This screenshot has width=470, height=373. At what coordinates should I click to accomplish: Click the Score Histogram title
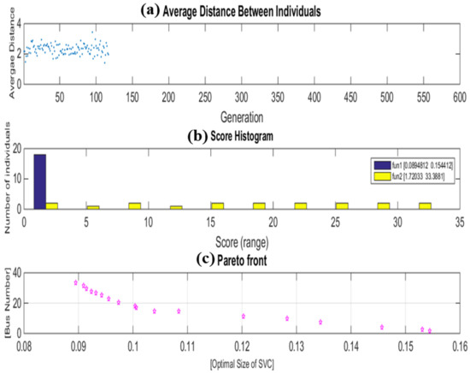coord(247,134)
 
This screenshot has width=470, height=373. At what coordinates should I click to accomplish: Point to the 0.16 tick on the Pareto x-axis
coord(459,348)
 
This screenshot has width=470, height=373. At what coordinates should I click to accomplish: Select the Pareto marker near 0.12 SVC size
coord(243,317)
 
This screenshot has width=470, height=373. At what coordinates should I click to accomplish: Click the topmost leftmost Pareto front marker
coord(76,282)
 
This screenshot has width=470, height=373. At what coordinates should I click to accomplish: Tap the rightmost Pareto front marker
coord(430,330)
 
